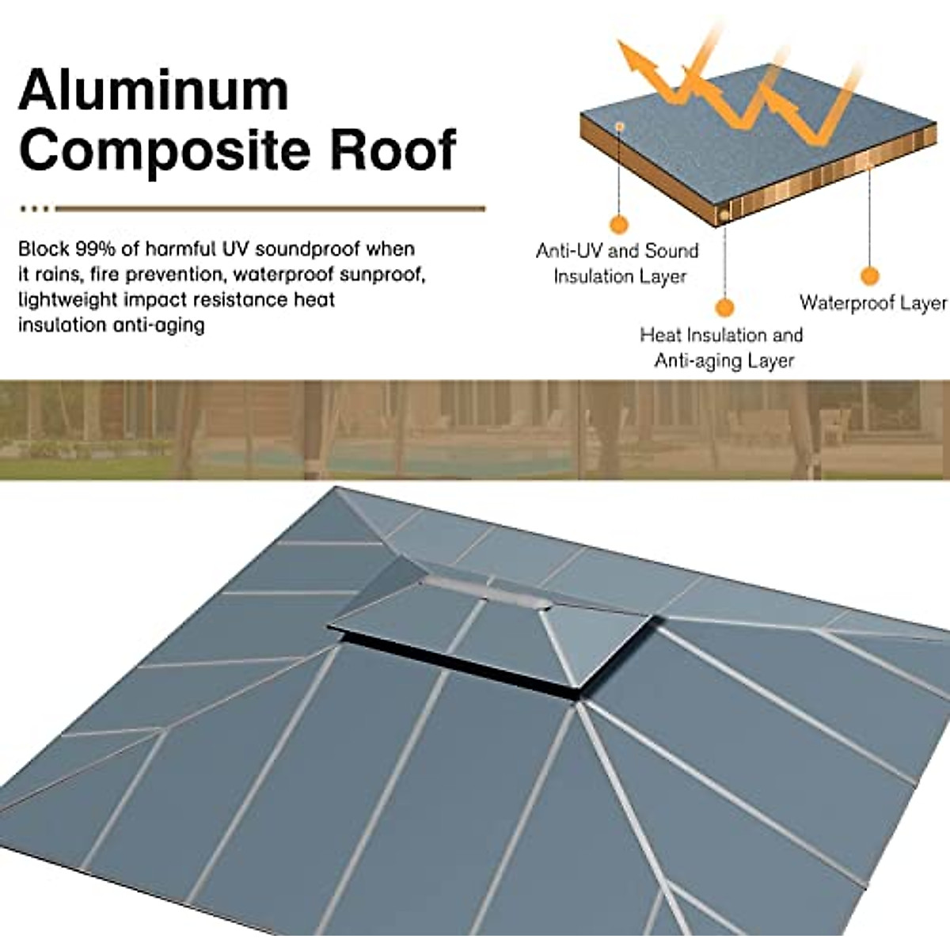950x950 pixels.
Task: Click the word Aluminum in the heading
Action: [x=153, y=90]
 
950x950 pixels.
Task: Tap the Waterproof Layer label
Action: [x=872, y=303]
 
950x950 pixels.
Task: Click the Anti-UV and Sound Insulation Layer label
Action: [x=617, y=264]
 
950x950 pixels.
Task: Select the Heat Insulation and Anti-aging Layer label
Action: [x=722, y=348]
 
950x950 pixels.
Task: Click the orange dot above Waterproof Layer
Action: [x=869, y=276]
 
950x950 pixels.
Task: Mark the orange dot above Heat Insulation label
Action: [x=724, y=308]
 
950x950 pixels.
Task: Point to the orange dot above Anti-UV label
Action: [x=619, y=224]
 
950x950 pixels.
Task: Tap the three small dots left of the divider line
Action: [x=34, y=209]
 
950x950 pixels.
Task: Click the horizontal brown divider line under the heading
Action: [x=269, y=209]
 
